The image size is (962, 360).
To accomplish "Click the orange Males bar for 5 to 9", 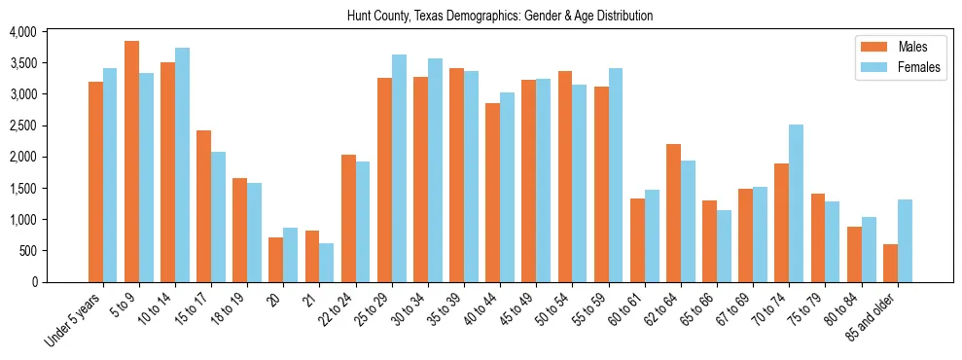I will pyautogui.click(x=131, y=162).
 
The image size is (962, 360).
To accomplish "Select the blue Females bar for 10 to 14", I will pyautogui.click(x=182, y=164).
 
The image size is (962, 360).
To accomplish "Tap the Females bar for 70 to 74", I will pyautogui.click(x=796, y=203).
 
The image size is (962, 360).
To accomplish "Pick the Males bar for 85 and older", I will pyautogui.click(x=890, y=263).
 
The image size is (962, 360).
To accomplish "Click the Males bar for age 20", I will pyautogui.click(x=275, y=260).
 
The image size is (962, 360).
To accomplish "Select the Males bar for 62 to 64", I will pyautogui.click(x=673, y=213).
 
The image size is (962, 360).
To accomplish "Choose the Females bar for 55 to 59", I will pyautogui.click(x=616, y=175).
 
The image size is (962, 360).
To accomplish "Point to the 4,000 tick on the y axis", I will pyautogui.click(x=22, y=32).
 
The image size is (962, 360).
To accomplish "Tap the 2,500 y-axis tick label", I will pyautogui.click(x=22, y=126).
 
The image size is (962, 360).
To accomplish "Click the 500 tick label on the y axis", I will pyautogui.click(x=26, y=251).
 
